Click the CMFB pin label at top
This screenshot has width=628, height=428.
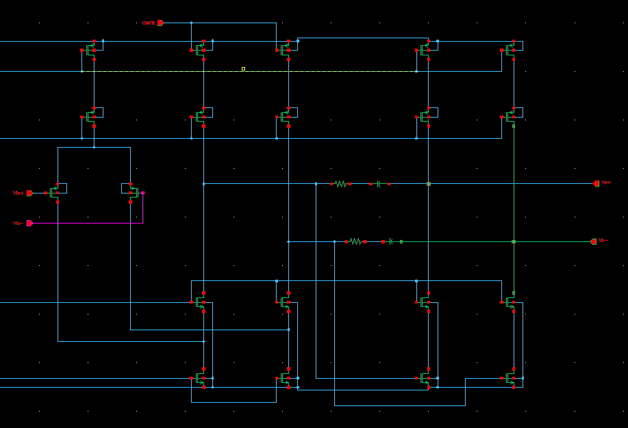pyautogui.click(x=148, y=23)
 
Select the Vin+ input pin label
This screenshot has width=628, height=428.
pyautogui.click(x=18, y=193)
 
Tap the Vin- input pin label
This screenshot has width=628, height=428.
pyautogui.click(x=18, y=223)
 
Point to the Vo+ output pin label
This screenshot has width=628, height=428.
pyautogui.click(x=606, y=183)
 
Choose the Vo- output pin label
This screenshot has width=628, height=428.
pyautogui.click(x=603, y=241)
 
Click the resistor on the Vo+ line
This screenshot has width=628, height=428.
pyautogui.click(x=341, y=184)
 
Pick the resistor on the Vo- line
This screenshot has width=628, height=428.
pyautogui.click(x=355, y=241)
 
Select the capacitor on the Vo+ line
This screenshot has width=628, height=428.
pyautogui.click(x=379, y=184)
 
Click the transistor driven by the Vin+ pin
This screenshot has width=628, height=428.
pyautogui.click(x=54, y=193)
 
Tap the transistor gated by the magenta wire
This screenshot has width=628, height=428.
pyautogui.click(x=133, y=193)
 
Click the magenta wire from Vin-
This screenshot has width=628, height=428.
pyautogui.click(x=89, y=223)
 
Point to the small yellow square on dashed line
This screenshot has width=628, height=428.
pyautogui.click(x=243, y=68)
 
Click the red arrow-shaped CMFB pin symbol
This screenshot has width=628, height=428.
pyautogui.click(x=160, y=23)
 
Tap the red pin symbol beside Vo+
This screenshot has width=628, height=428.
pyautogui.click(x=596, y=183)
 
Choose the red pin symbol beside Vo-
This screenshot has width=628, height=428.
pyautogui.click(x=593, y=241)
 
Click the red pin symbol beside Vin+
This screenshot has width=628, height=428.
pyautogui.click(x=29, y=193)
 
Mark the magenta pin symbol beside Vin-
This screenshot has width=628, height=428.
pyautogui.click(x=29, y=223)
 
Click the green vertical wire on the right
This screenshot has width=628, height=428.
pyautogui.click(x=514, y=205)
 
